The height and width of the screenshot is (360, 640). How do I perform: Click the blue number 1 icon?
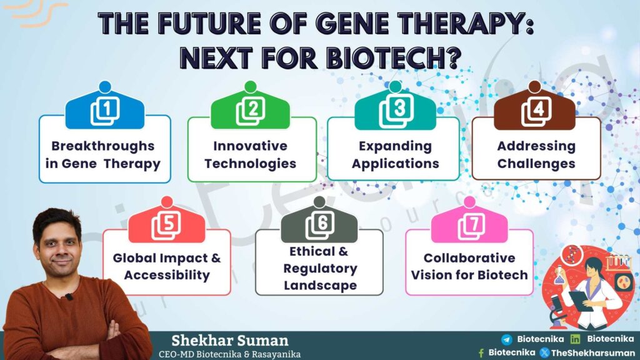(x=105, y=111)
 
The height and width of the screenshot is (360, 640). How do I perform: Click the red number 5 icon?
(x=166, y=226)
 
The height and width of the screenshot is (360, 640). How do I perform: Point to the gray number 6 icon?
(x=319, y=225)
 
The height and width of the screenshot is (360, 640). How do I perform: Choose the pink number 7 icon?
(x=471, y=226)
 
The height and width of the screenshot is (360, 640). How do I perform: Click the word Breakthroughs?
(x=103, y=146)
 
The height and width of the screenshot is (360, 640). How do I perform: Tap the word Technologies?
(x=250, y=164)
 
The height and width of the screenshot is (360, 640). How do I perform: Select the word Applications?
(x=396, y=164)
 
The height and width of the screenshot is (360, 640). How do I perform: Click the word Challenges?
(x=536, y=164)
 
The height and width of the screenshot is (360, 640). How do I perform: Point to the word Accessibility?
(x=166, y=275)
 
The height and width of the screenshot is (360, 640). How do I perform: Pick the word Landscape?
(x=320, y=285)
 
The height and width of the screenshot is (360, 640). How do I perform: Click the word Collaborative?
(x=469, y=258)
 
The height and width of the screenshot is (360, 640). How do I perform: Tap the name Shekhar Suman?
(x=230, y=341)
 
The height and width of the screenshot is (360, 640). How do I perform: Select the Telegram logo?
(x=506, y=339)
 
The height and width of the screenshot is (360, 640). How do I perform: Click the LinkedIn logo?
(x=575, y=339)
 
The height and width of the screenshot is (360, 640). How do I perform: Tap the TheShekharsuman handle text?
(x=593, y=352)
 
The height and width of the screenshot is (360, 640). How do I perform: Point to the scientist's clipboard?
(x=581, y=300)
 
